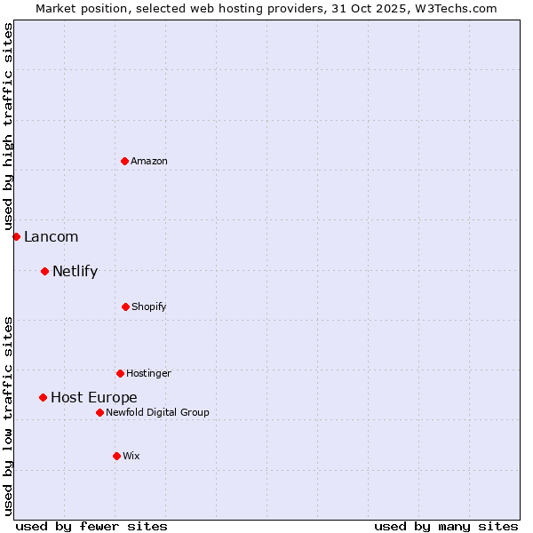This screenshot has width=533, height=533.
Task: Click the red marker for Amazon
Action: [125, 161]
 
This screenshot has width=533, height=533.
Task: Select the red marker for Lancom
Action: [16, 236]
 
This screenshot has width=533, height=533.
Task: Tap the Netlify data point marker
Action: [44, 271]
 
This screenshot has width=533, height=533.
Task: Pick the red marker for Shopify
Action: [125, 306]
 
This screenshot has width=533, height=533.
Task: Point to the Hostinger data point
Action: [120, 373]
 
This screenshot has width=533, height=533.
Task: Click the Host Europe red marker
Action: [43, 397]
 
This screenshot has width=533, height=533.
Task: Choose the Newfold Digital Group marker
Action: [99, 412]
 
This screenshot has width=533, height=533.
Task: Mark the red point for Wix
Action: [116, 456]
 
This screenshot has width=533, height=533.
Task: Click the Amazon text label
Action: [149, 161]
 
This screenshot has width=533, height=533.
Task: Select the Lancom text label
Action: [51, 236]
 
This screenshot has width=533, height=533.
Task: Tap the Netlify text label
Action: [75, 271]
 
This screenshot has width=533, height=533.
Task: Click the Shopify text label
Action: [149, 306]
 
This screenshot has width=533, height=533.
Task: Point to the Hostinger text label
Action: [148, 373]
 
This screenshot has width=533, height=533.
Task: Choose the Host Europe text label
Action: [93, 397]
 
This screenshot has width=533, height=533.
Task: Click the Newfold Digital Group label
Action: [157, 412]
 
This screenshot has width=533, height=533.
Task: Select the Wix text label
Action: [131, 456]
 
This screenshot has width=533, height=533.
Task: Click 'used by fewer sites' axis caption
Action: [91, 526]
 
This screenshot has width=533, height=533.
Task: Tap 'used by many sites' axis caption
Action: [446, 526]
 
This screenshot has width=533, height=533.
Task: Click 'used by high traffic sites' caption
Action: [8, 127]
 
